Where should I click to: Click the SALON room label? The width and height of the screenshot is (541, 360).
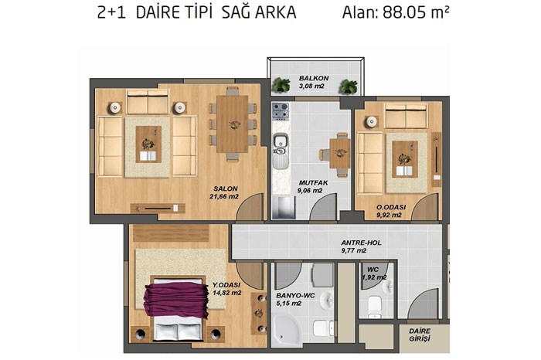coord(226,188)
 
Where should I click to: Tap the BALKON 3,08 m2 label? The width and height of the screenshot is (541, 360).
coord(314,82)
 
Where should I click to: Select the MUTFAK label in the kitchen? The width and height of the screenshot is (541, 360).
coord(313,183)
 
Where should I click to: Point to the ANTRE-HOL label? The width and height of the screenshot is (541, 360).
coord(361,243)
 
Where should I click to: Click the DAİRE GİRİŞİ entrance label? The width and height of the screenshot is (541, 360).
coord(420,335)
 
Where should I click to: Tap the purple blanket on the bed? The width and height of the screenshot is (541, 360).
coord(176,299)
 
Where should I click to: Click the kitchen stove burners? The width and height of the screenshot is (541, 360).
coord(280,110)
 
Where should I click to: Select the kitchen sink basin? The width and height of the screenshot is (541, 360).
coord(280,141)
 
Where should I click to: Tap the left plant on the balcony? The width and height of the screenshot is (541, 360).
coord(281,85)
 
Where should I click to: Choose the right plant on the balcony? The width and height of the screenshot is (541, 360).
coord(348,87)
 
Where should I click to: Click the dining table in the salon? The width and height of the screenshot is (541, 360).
coord(233,124)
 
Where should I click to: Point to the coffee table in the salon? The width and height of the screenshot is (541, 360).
coord(148,144)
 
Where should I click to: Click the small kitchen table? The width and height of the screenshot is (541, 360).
coord(340,153)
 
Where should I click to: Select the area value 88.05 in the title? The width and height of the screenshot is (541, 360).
coord(404,13)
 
